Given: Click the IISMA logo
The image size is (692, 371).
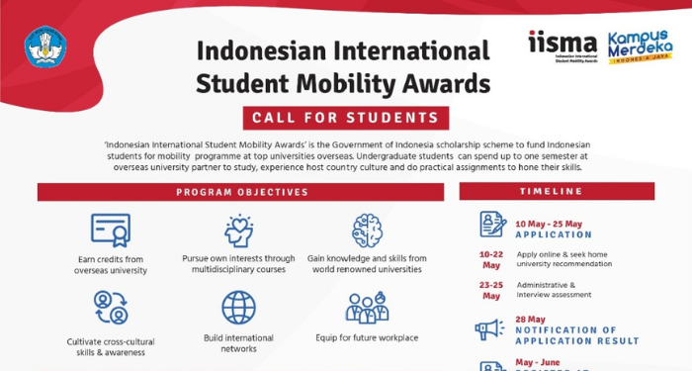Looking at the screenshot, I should click(x=562, y=45).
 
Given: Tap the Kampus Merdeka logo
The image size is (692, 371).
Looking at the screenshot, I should click(x=641, y=46).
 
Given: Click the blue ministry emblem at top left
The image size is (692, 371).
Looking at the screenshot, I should click(x=45, y=45).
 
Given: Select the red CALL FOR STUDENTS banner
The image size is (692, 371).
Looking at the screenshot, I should click(x=345, y=118).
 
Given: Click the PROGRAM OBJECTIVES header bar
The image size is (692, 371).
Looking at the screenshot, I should click(x=242, y=191).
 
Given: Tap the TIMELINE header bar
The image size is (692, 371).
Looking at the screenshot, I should click(x=556, y=191).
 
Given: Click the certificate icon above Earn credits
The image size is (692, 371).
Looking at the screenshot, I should click(x=111, y=230).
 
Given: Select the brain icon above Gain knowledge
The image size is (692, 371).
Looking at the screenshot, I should click(x=367, y=230).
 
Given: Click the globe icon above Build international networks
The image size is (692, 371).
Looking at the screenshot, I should click(x=238, y=307).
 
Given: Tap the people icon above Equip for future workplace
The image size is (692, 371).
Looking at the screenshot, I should click(x=367, y=308).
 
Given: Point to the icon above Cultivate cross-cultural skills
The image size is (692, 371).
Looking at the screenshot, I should click(x=111, y=308).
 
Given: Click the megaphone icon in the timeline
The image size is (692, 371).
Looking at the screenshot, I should click(x=489, y=329).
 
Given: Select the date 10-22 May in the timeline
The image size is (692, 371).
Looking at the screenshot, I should click(x=491, y=260).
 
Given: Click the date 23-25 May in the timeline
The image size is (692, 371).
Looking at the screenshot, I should click(x=491, y=290).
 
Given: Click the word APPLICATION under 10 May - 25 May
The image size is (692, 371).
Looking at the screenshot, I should click(x=554, y=235).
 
